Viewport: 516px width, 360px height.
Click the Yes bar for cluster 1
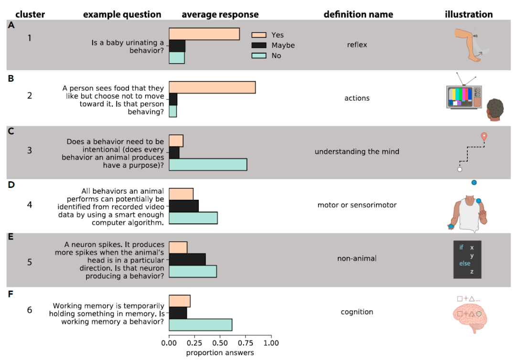pyautogui.click(x=204, y=34)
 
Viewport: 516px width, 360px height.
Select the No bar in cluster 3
pyautogui.click(x=208, y=164)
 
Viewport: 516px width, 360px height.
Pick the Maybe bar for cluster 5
pyautogui.click(x=187, y=259)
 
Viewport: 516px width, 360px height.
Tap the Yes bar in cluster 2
pyautogui.click(x=212, y=87)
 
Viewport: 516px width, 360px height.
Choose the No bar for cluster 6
pyautogui.click(x=200, y=325)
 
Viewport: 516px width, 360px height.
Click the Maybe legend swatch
pyautogui.click(x=259, y=45)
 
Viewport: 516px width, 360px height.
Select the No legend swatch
pyautogui.click(x=259, y=56)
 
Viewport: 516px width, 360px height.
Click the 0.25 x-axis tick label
pyautogui.click(x=194, y=343)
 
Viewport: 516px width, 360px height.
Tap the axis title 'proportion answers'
pyautogui.click(x=220, y=353)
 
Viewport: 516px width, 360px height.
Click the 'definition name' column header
pyautogui.click(x=358, y=14)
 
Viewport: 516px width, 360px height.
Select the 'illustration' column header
pyautogui.click(x=469, y=14)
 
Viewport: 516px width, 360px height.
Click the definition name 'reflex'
pyautogui.click(x=357, y=45)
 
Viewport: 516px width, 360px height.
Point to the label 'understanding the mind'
pyautogui.click(x=357, y=152)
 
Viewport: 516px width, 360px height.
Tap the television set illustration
pyautogui.click(x=463, y=97)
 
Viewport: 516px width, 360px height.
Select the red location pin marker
pyautogui.click(x=484, y=137)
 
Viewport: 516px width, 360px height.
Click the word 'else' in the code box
pyautogui.click(x=464, y=263)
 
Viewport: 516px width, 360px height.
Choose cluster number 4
pyautogui.click(x=30, y=206)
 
